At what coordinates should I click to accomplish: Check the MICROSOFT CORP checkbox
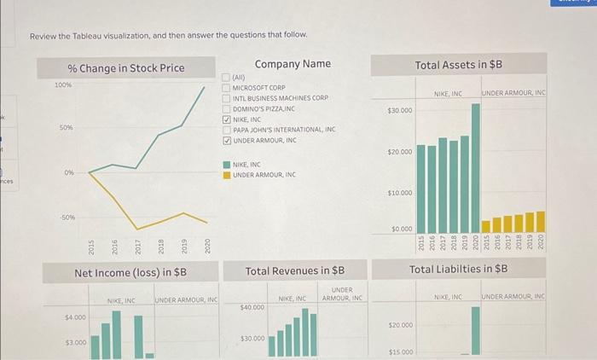coord(227,88)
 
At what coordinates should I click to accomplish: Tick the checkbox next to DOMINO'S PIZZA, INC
coord(227,108)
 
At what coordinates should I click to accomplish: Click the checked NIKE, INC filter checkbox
coord(227,119)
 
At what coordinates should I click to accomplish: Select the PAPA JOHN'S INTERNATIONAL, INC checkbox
coord(227,130)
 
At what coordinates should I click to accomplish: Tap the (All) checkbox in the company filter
coord(227,78)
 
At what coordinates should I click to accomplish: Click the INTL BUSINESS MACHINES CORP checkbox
coord(227,98)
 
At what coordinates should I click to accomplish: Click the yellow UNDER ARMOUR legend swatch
coord(227,174)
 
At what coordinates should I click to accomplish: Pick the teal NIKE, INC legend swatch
coord(227,165)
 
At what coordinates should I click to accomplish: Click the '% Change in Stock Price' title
coord(125,68)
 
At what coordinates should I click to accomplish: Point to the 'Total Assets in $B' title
coord(458,65)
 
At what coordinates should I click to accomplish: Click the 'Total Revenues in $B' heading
coord(294,271)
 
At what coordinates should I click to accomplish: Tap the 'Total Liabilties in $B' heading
coord(458,269)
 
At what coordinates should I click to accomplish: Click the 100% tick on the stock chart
coord(63,85)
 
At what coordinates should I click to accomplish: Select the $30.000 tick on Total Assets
coord(400,111)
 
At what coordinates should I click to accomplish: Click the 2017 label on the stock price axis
coord(137,247)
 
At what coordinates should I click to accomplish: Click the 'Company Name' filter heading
coord(293,64)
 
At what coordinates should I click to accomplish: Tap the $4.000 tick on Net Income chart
coord(75,317)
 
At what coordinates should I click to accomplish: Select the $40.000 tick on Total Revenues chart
coord(253,306)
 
